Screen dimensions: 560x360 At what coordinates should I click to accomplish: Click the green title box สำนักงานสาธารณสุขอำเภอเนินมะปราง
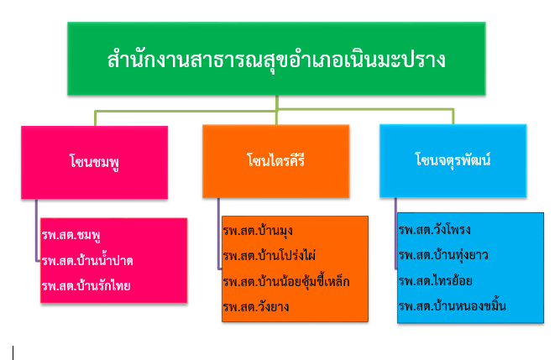point(276,59)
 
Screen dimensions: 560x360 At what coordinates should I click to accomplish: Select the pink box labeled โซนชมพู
point(94,162)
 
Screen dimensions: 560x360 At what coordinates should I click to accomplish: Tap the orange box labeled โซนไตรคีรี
point(275,161)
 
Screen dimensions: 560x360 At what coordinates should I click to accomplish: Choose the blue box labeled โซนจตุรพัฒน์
point(453,160)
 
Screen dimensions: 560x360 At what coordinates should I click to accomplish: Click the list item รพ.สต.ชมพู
point(71,235)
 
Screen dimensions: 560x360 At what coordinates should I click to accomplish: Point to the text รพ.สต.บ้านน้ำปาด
point(87,260)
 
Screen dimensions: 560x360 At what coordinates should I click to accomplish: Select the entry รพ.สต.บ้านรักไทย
point(86,286)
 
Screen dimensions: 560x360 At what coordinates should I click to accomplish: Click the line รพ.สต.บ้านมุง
point(258,231)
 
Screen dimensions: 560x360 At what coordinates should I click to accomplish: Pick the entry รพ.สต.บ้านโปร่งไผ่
point(270,255)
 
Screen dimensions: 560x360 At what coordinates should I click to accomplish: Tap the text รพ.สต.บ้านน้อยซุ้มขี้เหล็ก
point(286,281)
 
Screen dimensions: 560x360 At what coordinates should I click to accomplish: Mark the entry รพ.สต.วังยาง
point(256,307)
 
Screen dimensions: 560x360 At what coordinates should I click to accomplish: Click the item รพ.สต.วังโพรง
point(435,230)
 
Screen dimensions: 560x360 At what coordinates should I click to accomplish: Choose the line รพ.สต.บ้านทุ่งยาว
point(443,255)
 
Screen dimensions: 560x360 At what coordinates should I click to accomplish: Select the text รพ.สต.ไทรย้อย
point(436,281)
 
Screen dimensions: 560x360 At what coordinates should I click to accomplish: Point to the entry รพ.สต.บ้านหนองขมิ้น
point(453,306)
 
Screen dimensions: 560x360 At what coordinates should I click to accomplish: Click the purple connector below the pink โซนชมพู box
point(36,230)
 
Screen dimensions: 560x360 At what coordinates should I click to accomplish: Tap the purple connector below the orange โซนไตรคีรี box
point(218,233)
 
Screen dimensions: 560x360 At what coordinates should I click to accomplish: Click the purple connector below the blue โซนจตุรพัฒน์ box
point(395,232)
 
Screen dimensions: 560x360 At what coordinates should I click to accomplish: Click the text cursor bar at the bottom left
point(13,352)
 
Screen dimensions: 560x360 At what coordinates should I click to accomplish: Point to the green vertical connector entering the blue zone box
point(453,117)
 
